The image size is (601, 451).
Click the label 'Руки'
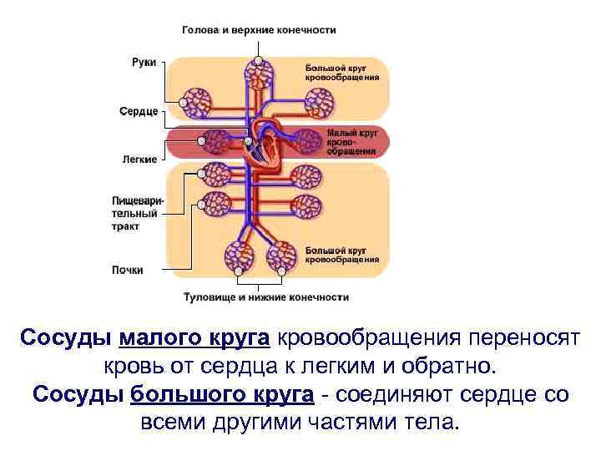(143, 63)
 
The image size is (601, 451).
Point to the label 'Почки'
(128, 270)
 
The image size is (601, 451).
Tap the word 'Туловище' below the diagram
(210, 297)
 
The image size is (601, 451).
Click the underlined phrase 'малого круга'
(194, 338)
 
